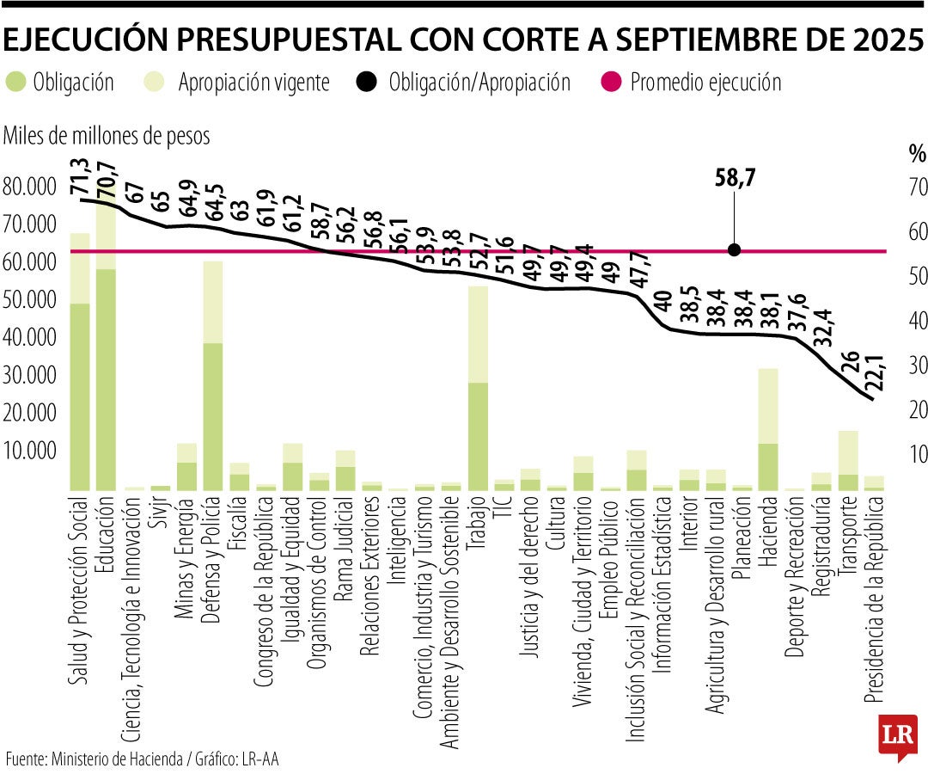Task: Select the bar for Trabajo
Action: tap(478, 387)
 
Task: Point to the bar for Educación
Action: tap(106, 344)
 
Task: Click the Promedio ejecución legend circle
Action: tap(614, 83)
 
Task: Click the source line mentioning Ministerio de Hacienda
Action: tap(142, 759)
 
